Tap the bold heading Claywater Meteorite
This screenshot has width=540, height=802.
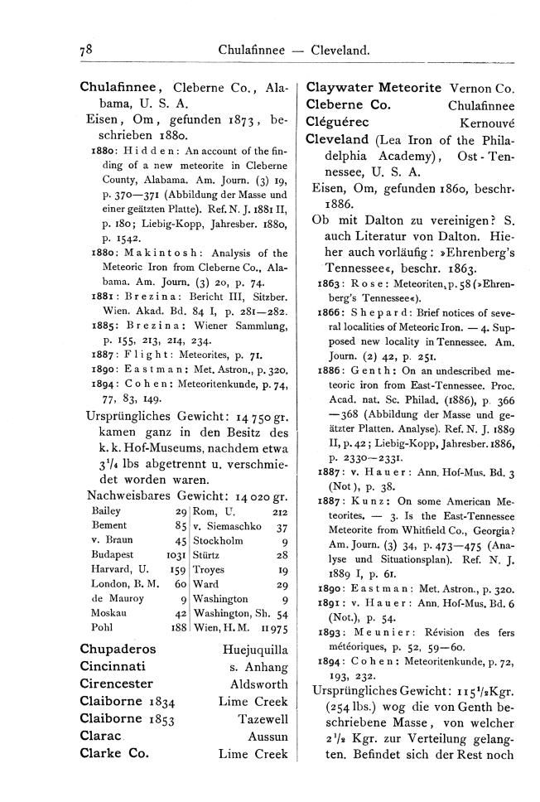click(374, 87)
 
